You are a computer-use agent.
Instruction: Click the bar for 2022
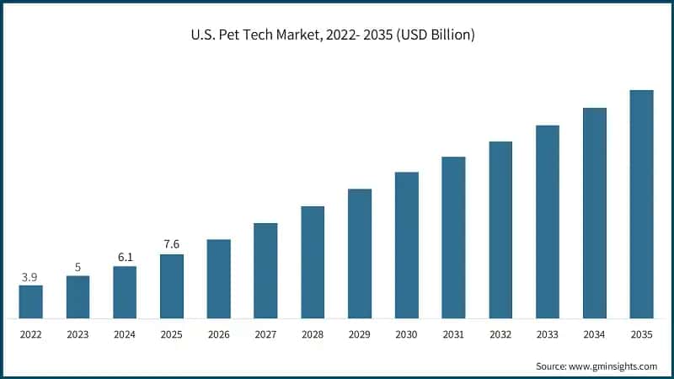[x=31, y=302]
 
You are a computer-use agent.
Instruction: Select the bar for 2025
[x=172, y=286]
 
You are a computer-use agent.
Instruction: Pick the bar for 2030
[x=407, y=245]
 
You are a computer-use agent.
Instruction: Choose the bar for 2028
[x=313, y=262]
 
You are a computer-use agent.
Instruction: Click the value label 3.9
[x=30, y=277]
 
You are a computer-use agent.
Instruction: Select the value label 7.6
[x=172, y=245]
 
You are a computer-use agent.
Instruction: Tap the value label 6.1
[x=125, y=258]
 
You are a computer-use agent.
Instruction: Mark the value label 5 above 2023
[x=78, y=268]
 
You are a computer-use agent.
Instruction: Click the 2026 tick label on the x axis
[x=219, y=334]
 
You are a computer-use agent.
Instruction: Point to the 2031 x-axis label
[x=453, y=334]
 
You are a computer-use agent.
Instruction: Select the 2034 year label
[x=595, y=334]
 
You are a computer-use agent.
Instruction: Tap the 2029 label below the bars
[x=360, y=334]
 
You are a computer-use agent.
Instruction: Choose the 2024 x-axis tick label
[x=125, y=334]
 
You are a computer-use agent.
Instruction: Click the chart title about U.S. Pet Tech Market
[x=337, y=35]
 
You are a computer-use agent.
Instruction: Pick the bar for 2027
[x=265, y=270]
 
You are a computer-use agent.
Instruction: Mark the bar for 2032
[x=500, y=230]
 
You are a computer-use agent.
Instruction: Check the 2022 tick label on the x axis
[x=31, y=334]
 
